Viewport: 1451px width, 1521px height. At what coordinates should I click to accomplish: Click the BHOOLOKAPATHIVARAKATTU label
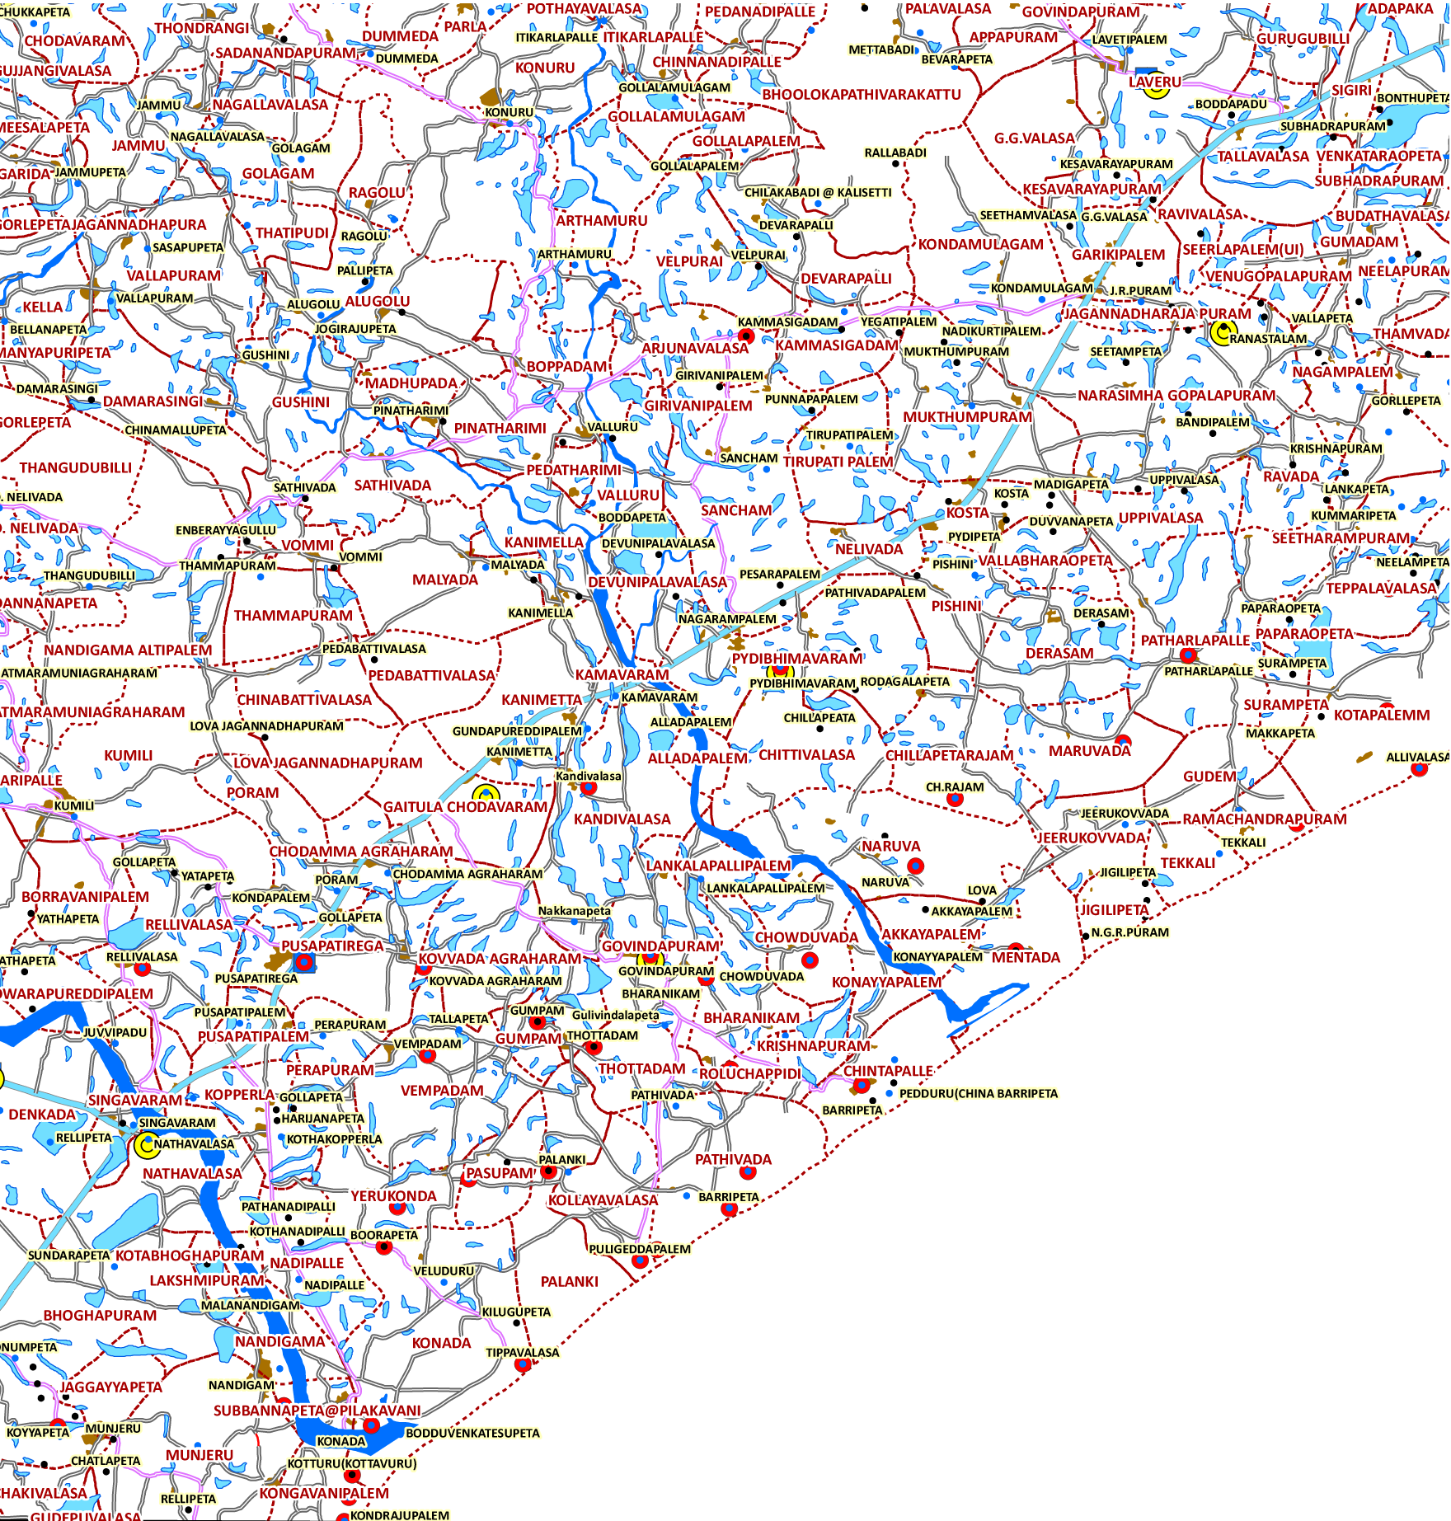pos(862,95)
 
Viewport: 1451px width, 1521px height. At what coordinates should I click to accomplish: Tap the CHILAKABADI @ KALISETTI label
pos(818,193)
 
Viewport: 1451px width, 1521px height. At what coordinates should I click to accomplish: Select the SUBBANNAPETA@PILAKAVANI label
pos(317,1411)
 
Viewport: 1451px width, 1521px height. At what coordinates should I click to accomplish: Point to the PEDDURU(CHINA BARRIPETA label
pos(978,1094)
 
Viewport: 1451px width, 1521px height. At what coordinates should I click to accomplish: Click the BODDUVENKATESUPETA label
pos(472,1433)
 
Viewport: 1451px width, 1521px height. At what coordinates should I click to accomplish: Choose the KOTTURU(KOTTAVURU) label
pos(352,1463)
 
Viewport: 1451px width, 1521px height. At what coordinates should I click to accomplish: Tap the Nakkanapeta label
pos(575,911)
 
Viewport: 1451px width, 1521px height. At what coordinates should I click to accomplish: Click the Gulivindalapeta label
pos(616,1015)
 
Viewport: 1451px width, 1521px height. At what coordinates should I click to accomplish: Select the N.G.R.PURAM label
pos(1129,932)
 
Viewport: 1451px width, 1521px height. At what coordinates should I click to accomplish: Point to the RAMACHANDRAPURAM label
pos(1265,819)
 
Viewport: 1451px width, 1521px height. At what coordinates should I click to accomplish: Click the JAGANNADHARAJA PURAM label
pos(1157,314)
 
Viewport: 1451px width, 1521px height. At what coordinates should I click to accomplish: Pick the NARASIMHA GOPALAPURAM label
pos(1176,396)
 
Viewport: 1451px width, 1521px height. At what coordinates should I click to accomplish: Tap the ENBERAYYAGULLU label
pos(226,530)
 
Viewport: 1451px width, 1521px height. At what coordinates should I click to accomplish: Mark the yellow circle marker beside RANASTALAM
pos(1222,332)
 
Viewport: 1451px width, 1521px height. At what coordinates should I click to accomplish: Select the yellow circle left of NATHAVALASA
pos(146,1145)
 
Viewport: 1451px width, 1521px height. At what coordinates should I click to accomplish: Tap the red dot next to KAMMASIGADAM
pos(747,336)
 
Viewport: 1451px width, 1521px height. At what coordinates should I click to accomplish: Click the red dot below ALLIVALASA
pos(1419,770)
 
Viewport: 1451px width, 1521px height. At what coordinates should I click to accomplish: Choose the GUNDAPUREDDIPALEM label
pos(517,731)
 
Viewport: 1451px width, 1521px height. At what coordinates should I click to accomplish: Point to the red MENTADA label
pos(1026,958)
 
